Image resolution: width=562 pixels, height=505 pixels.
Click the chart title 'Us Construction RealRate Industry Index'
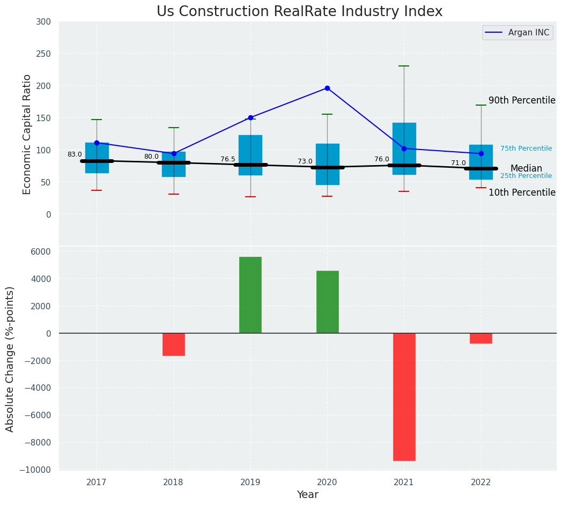299,12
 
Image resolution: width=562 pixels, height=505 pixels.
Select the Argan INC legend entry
517,33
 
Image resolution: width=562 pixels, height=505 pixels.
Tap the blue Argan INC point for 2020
327,88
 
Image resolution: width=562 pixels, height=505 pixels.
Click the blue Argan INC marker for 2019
250,117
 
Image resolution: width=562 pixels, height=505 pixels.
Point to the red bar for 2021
404,397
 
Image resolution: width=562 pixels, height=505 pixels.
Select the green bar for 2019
250,295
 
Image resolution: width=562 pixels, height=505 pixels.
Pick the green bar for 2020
327,302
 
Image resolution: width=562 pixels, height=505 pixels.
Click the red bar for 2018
174,344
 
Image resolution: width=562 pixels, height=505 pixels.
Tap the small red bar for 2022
481,338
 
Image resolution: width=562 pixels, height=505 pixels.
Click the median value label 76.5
228,159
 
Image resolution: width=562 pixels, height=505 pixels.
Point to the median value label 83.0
75,154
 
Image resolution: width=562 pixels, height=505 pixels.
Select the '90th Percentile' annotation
522,100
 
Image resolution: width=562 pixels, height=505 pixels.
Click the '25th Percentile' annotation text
526,176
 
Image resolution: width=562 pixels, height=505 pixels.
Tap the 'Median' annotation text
526,168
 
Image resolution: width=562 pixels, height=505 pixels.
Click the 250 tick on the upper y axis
44,54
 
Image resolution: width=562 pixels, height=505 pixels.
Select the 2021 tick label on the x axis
404,482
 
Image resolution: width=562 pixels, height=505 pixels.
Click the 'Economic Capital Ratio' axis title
27,134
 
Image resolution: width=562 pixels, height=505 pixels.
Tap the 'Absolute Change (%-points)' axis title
10,359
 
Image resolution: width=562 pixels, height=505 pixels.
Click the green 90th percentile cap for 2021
404,66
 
